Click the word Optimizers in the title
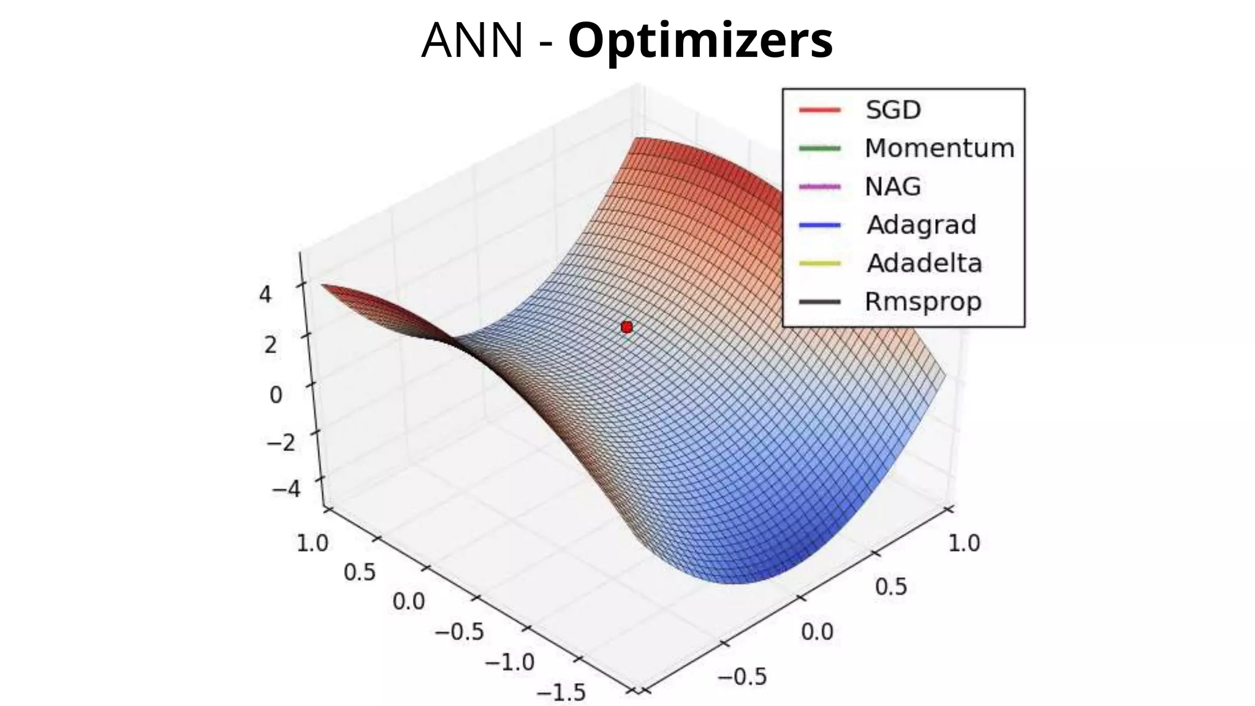tap(700, 40)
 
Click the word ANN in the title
tap(472, 40)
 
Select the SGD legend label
tap(893, 110)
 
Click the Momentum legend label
tap(939, 148)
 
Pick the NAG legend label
tap(892, 186)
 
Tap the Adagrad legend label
tap(921, 225)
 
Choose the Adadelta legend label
tap(924, 264)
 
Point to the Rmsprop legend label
tap(923, 302)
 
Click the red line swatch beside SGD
tap(820, 110)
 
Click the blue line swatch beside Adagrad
tap(820, 225)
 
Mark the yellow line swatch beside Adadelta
tap(820, 264)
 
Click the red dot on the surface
tap(626, 327)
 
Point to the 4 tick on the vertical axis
tap(265, 295)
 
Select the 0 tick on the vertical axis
tap(276, 395)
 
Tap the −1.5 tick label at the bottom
tap(561, 693)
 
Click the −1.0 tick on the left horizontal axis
tap(509, 662)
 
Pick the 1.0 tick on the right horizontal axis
tap(964, 543)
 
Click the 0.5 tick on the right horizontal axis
tap(890, 587)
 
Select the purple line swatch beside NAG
tap(820, 186)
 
